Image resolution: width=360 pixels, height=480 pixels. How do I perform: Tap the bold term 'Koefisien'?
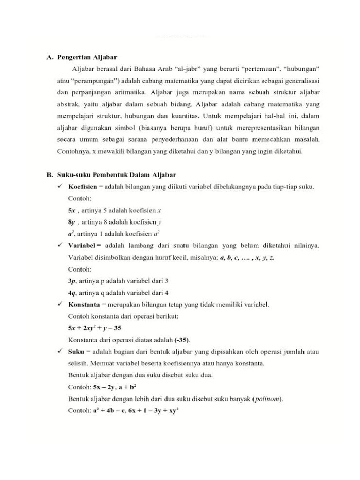click(83, 187)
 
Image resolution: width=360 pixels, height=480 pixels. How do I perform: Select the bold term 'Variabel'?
click(84, 246)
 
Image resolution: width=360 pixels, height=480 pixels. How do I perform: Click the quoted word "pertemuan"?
click(263, 69)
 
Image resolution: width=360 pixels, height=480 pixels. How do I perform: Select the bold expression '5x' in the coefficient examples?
click(72, 210)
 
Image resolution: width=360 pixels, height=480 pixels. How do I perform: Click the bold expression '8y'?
click(72, 222)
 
